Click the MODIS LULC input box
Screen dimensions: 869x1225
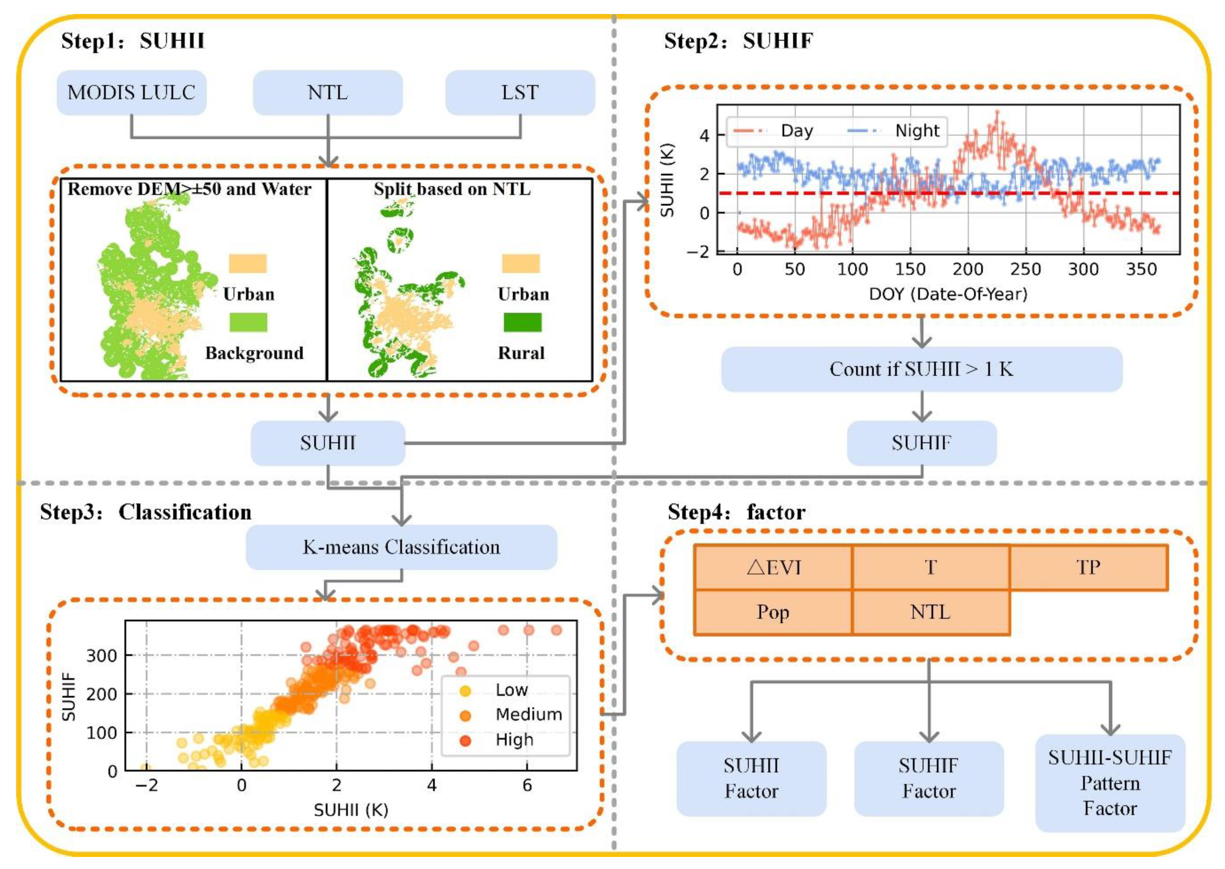coord(131,93)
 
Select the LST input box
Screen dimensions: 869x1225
coord(520,93)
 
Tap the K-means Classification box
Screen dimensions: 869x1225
coord(401,547)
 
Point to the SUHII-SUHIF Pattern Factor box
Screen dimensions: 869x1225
coord(1109,783)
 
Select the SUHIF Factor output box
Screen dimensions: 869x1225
coord(928,779)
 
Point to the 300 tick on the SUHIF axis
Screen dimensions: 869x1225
coord(102,656)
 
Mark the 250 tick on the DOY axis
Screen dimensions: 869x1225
coord(1025,269)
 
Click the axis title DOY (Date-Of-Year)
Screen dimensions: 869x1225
coord(948,294)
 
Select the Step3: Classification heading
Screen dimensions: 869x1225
coord(146,512)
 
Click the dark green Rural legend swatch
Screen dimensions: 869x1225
coord(522,322)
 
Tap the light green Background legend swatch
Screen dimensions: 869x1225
coord(248,322)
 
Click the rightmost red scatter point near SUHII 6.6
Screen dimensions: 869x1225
coord(556,630)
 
